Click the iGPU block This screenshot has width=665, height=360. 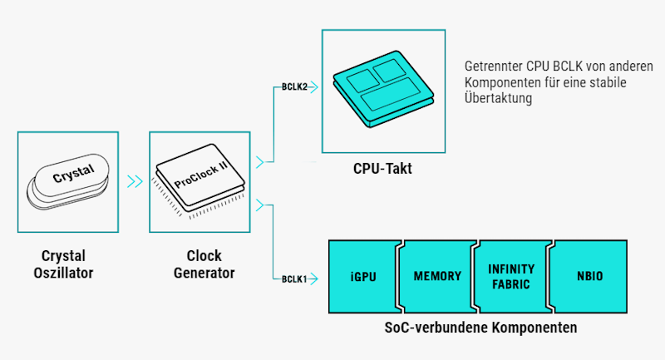[x=364, y=275]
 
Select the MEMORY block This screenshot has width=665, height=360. [x=437, y=275]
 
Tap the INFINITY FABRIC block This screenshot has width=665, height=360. [x=510, y=275]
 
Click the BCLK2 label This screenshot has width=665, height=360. [x=294, y=86]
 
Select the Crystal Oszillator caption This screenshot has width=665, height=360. [x=63, y=264]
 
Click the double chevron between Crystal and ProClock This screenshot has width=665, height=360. [x=133, y=181]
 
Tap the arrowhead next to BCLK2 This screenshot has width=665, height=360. [x=315, y=86]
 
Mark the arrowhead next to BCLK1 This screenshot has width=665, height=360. [x=315, y=279]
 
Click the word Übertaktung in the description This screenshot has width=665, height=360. [x=498, y=98]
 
